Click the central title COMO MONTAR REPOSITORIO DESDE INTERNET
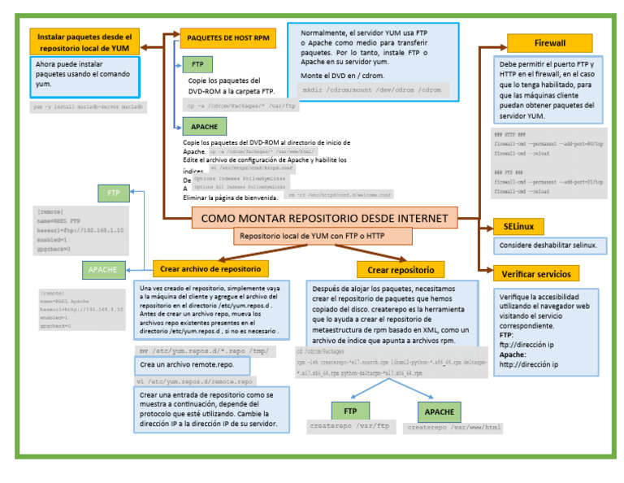pyautogui.click(x=323, y=218)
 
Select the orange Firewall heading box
pyautogui.click(x=549, y=43)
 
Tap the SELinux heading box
pyautogui.click(x=518, y=227)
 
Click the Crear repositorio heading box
pyautogui.click(x=401, y=270)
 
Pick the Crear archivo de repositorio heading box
pyautogui.click(x=210, y=268)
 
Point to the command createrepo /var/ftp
pyautogui.click(x=350, y=425)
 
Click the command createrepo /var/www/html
pyautogui.click(x=454, y=426)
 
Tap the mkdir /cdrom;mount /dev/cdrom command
pyautogui.click(x=370, y=89)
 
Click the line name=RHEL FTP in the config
pyautogui.click(x=59, y=220)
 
